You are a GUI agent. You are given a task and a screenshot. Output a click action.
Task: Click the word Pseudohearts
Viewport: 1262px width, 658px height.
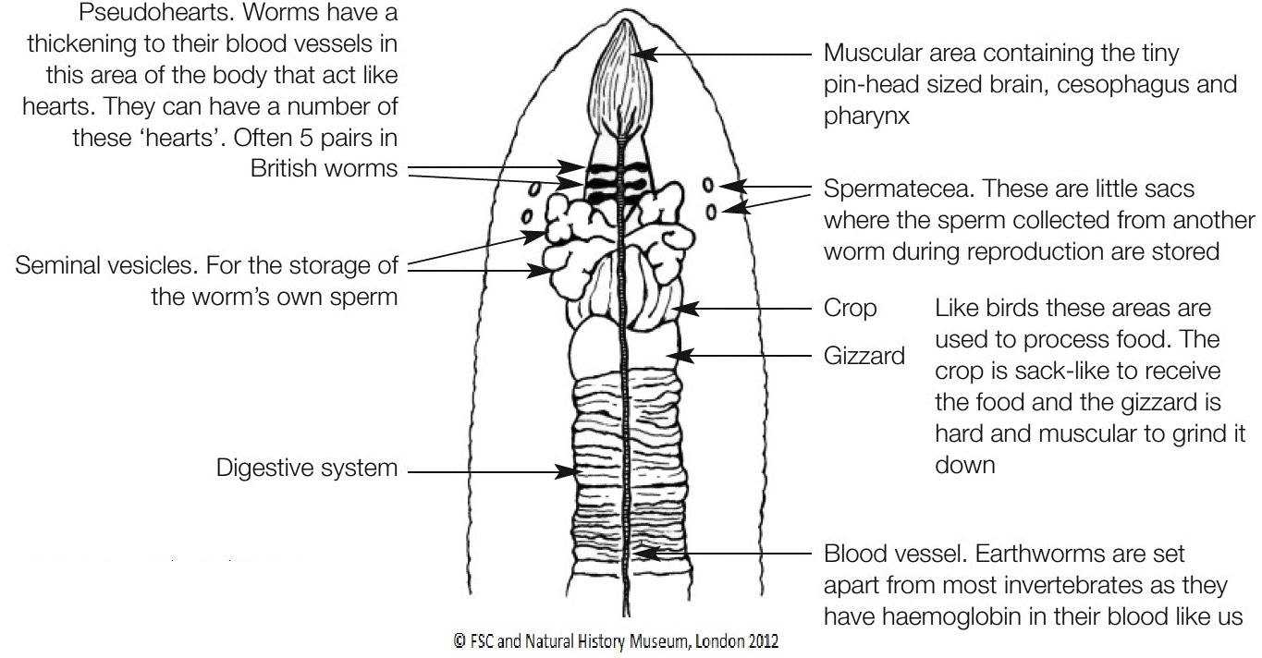pos(155,12)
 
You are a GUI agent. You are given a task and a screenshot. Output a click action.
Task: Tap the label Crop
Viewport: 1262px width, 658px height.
pos(850,309)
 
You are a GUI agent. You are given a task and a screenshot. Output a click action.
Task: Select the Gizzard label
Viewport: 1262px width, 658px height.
pos(864,356)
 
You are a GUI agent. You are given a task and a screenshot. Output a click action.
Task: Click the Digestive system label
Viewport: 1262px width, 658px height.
pos(307,469)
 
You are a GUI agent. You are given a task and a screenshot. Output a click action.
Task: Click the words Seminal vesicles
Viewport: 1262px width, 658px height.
pos(106,265)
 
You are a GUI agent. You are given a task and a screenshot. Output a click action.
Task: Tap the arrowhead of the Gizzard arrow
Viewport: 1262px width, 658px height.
pos(680,356)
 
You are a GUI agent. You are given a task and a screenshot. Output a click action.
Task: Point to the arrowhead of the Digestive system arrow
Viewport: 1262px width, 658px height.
pos(564,471)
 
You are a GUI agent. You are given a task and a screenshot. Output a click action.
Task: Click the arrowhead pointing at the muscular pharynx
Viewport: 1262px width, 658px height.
pos(644,55)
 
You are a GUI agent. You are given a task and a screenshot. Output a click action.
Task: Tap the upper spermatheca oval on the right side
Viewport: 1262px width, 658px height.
pos(707,185)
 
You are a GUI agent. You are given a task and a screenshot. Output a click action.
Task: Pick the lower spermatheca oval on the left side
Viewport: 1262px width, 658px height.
pos(527,216)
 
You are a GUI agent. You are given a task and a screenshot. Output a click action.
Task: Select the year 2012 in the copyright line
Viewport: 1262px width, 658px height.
pos(763,641)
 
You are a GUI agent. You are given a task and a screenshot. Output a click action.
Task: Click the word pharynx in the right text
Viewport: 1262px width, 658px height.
pos(866,116)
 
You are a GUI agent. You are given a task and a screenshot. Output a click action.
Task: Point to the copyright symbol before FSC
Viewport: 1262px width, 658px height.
pos(459,641)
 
